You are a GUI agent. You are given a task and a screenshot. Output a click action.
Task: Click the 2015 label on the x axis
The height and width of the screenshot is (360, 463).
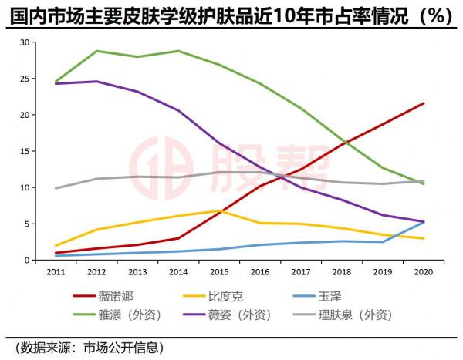tap(219, 273)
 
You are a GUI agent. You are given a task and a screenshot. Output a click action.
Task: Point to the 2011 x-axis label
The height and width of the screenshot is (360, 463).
tap(56, 273)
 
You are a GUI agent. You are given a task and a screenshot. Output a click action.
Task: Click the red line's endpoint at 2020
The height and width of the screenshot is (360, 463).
tap(424, 103)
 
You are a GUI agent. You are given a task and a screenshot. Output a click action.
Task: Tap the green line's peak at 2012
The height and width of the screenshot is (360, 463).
tap(96, 51)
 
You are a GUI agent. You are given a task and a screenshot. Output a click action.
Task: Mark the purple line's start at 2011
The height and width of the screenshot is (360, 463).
tap(56, 83)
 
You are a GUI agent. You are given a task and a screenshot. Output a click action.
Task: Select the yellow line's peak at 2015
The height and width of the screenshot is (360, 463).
tap(219, 210)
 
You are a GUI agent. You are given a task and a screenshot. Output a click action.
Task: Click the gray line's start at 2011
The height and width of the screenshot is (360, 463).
tap(56, 188)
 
